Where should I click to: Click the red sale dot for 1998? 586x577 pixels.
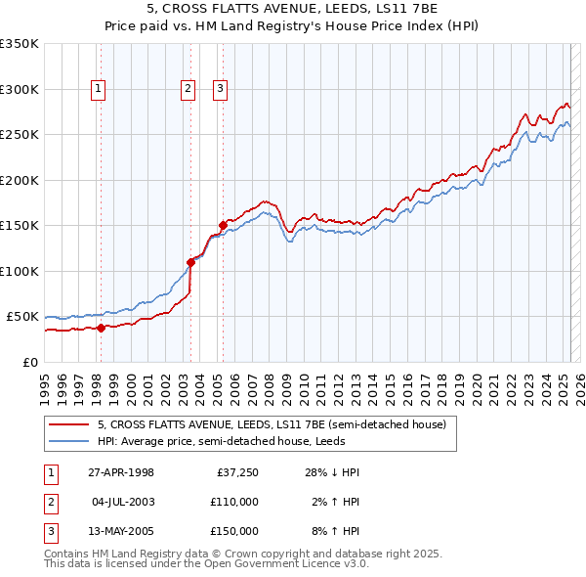click(101, 328)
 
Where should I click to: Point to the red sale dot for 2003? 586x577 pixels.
click(190, 262)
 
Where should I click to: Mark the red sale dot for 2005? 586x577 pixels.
click(223, 225)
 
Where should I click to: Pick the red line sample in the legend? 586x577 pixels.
click(67, 424)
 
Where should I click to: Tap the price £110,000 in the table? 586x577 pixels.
click(235, 502)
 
